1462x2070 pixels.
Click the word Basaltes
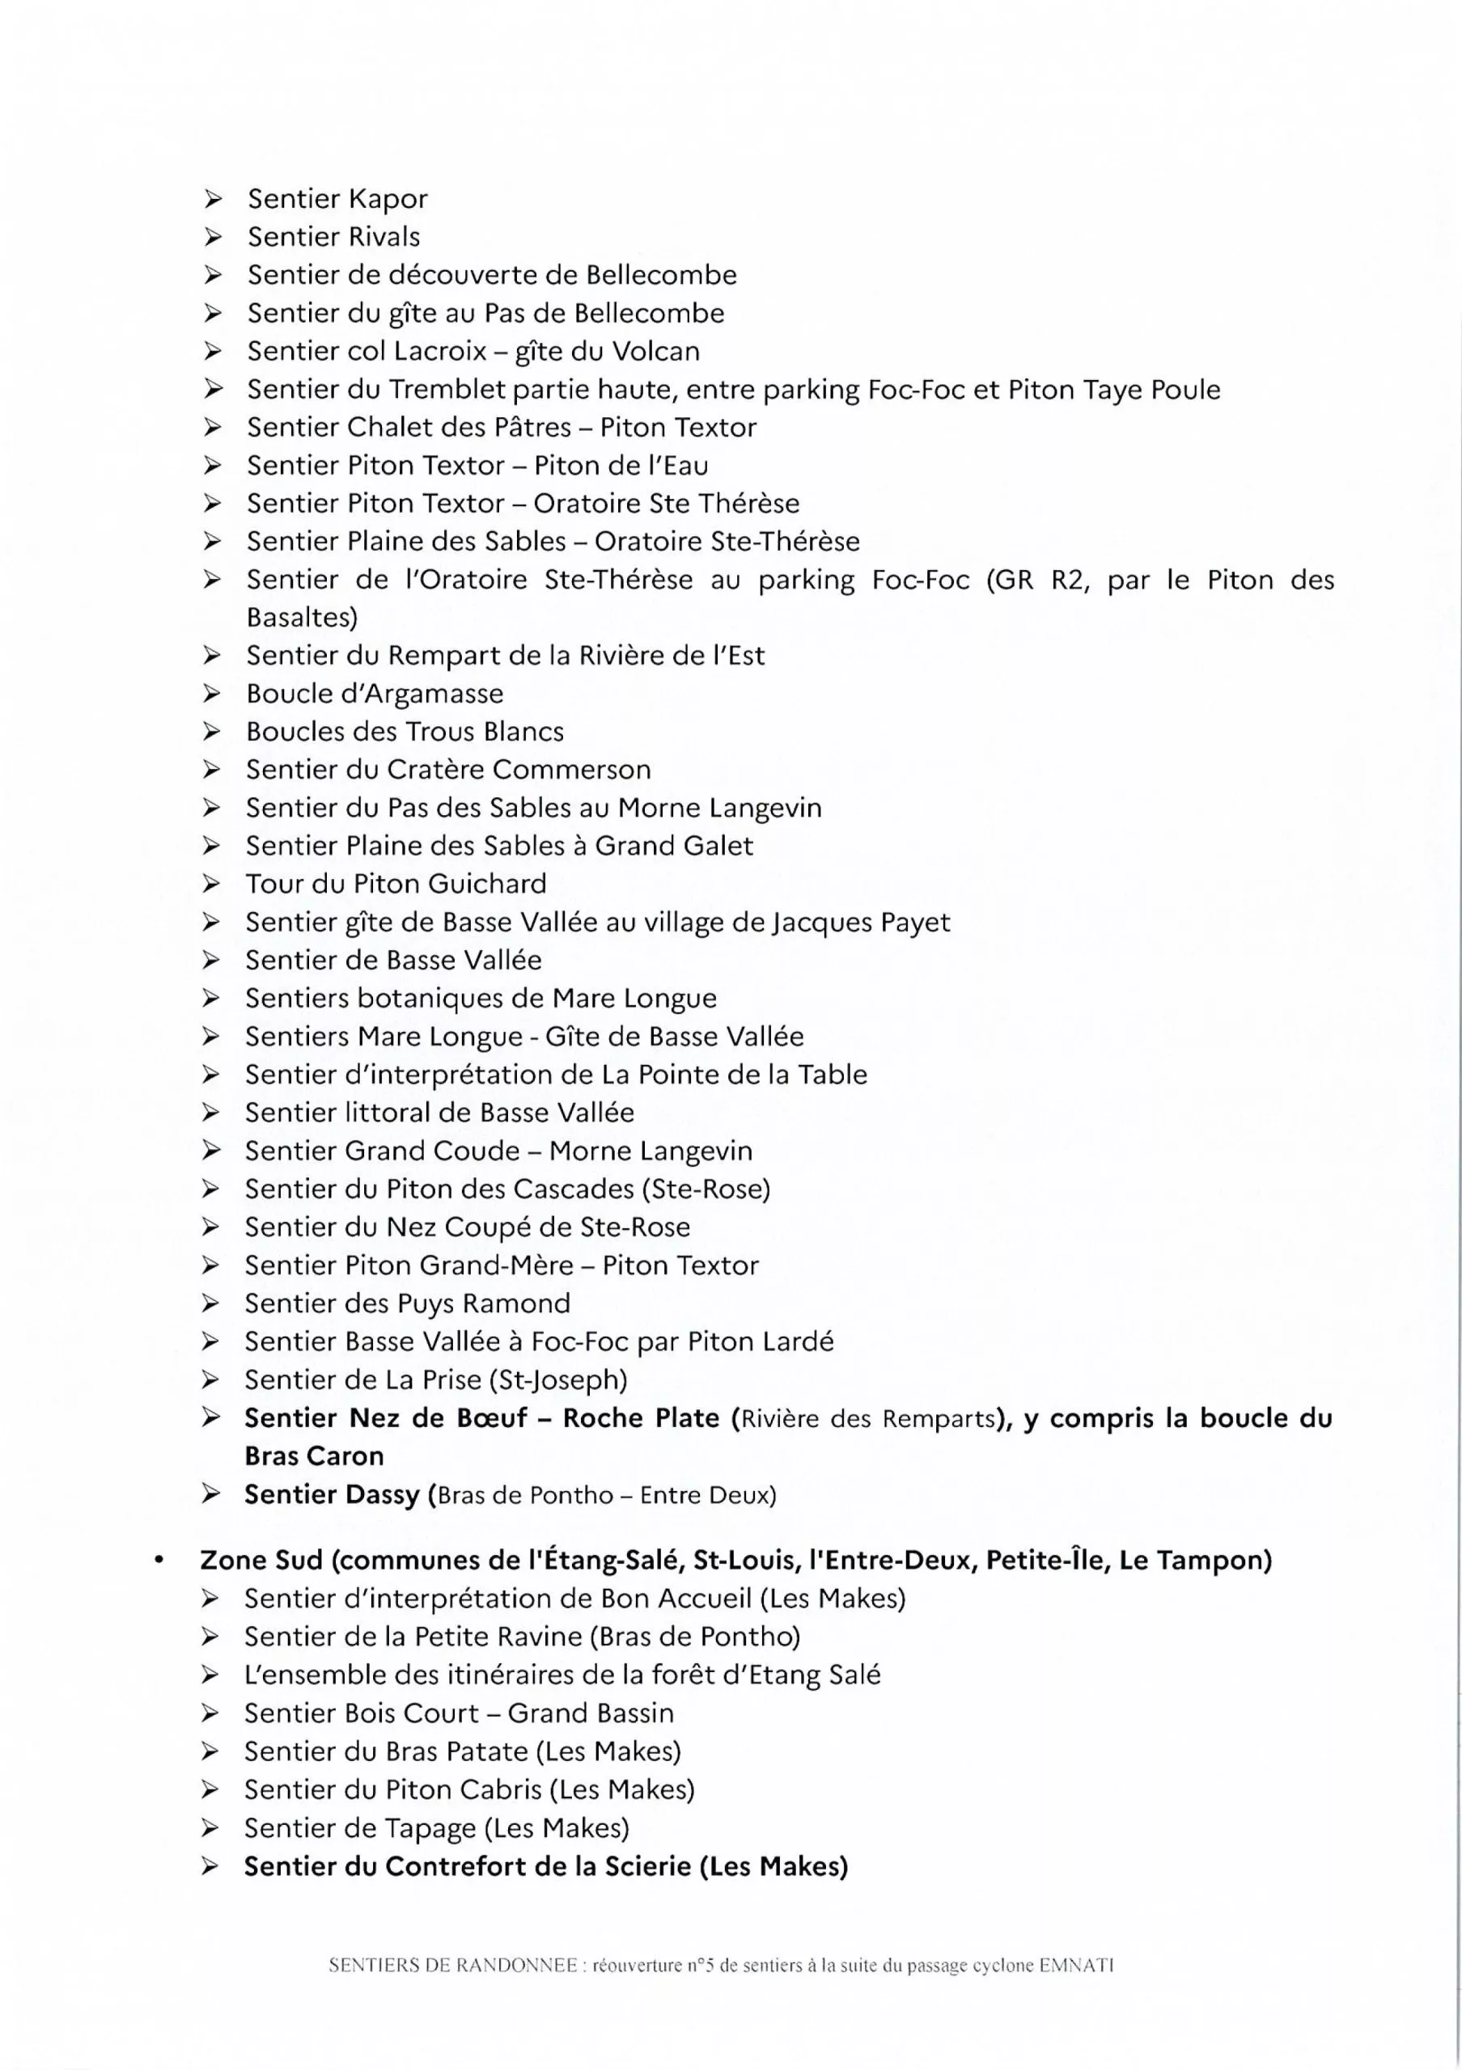point(301,618)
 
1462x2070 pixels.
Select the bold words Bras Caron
point(314,1456)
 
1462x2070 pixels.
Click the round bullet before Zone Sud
point(159,1561)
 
